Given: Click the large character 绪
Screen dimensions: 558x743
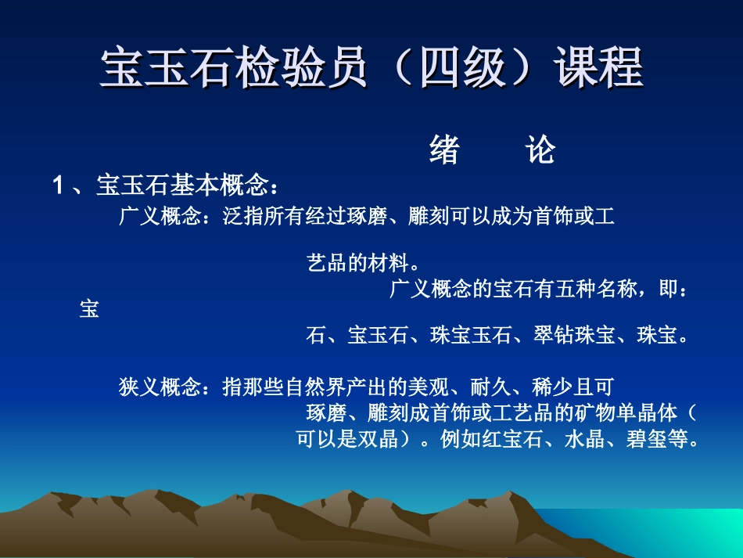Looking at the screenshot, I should pyautogui.click(x=444, y=150).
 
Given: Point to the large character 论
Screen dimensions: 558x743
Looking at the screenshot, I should pyautogui.click(x=540, y=150).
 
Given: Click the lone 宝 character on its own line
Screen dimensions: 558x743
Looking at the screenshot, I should pyautogui.click(x=89, y=310).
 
